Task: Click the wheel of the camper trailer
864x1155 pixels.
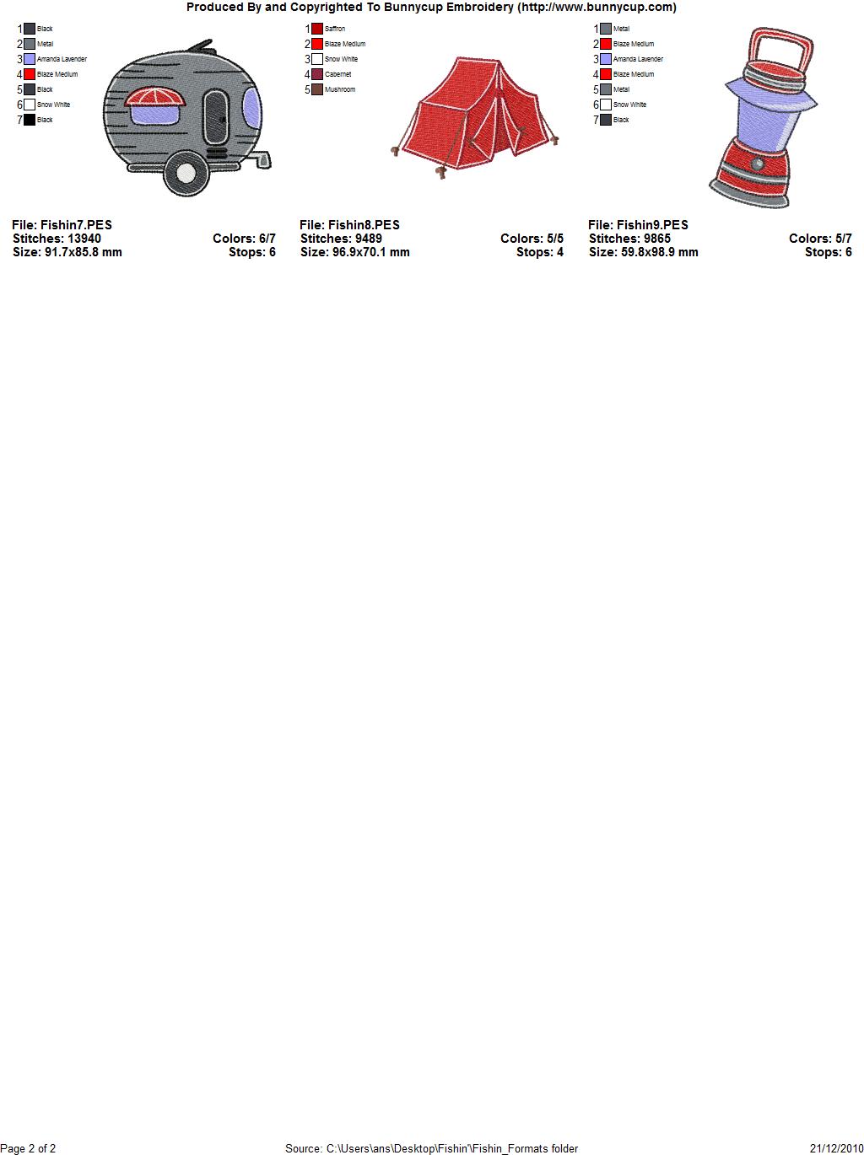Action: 186,173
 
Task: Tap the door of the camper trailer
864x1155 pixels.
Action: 216,117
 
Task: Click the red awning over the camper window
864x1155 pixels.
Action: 154,97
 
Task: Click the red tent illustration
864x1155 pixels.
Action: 475,117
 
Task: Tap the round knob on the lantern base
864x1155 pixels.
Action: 758,164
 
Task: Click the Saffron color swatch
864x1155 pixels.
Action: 317,29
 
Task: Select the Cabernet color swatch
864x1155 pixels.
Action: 317,74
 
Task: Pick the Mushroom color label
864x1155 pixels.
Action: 339,89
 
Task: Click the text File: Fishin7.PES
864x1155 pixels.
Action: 62,225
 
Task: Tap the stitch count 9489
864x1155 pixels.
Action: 368,239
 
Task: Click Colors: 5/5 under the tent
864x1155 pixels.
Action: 532,239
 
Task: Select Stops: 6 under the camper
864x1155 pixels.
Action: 252,252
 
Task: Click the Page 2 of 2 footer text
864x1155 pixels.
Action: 28,1148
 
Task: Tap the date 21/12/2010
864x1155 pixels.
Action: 837,1148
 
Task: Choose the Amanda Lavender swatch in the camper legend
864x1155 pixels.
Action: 30,59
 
